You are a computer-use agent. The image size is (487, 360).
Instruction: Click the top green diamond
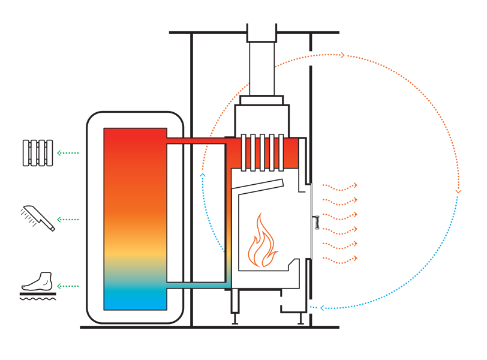coord(68,153)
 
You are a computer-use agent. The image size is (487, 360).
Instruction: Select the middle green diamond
coord(68,212)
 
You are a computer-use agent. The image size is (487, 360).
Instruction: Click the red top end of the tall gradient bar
coord(135,137)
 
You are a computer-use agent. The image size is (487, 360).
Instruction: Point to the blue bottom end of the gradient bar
coord(135,300)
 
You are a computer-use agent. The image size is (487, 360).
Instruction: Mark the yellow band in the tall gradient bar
coord(135,252)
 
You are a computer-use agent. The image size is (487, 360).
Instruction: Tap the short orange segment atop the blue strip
coord(206,161)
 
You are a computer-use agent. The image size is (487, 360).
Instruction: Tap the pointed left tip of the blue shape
coord(312,307)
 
